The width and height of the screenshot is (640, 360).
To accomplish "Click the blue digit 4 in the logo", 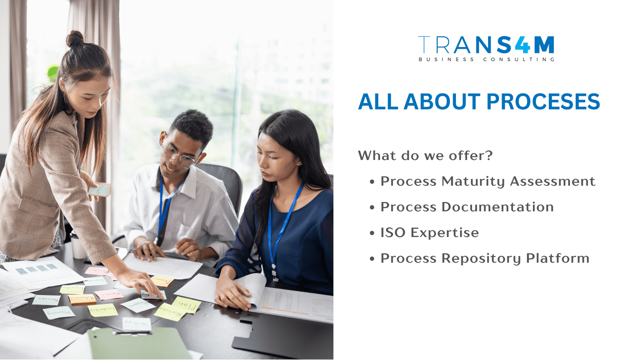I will pyautogui.click(x=522, y=45).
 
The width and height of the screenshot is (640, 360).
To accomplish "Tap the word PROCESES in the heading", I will pyautogui.click(x=543, y=102).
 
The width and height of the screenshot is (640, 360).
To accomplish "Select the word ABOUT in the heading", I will pyautogui.click(x=442, y=102).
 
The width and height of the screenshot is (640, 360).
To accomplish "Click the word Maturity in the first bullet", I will pyautogui.click(x=473, y=182).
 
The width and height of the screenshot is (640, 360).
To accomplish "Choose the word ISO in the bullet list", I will pyautogui.click(x=393, y=233).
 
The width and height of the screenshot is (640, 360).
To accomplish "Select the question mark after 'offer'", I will pyautogui.click(x=489, y=156).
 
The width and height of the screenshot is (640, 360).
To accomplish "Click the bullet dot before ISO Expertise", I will pyautogui.click(x=372, y=233).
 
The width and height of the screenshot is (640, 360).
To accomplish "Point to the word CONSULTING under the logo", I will pyautogui.click(x=519, y=60).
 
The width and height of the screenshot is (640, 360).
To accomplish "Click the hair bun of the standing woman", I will pyautogui.click(x=75, y=39).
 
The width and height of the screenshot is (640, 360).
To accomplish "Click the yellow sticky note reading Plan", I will pyautogui.click(x=186, y=305).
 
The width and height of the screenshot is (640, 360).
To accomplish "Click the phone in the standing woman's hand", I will pyautogui.click(x=100, y=190).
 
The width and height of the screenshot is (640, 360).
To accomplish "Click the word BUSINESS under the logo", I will pyautogui.click(x=446, y=60).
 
